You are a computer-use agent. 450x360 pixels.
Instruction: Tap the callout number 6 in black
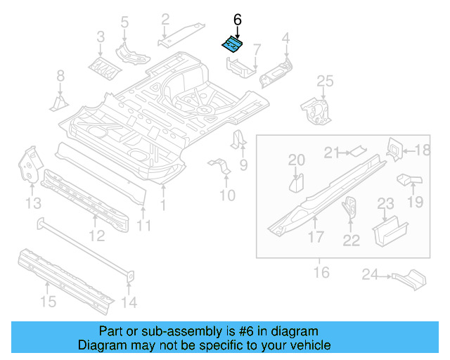coord(237,20)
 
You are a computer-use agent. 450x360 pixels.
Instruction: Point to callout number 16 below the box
coord(321,271)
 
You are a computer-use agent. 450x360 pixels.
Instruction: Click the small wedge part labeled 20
coord(296,184)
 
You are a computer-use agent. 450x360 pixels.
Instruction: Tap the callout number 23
coord(385,204)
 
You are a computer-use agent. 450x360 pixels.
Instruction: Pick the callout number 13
coord(32,204)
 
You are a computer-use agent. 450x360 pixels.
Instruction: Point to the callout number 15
coord(47,302)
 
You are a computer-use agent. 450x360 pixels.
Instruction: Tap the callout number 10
coord(227,195)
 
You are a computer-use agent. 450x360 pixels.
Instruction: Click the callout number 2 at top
coord(165,19)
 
